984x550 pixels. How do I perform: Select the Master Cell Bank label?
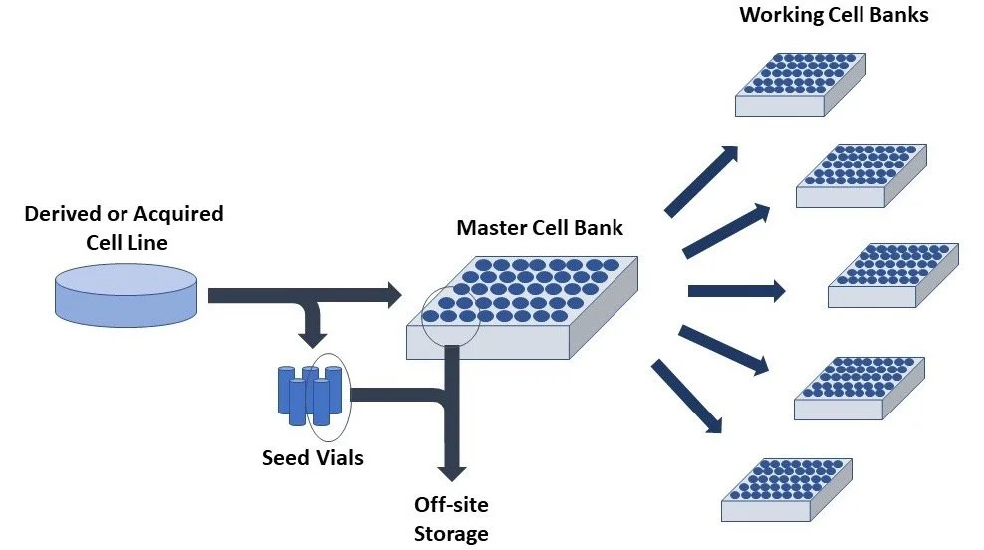pyautogui.click(x=540, y=228)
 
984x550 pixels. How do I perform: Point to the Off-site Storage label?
pyautogui.click(x=451, y=519)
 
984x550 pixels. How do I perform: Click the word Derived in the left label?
pyautogui.click(x=62, y=214)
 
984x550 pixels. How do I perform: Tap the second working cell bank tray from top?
pyautogui.click(x=861, y=176)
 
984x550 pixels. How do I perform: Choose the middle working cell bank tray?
pyautogui.click(x=893, y=274)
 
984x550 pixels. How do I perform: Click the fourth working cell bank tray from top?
pyautogui.click(x=861, y=387)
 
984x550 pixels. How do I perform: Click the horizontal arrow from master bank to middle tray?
pyautogui.click(x=736, y=292)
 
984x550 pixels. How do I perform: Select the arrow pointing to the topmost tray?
pyautogui.click(x=702, y=180)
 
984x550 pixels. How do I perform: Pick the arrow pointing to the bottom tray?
pyautogui.click(x=687, y=397)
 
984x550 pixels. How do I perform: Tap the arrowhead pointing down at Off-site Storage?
pyautogui.click(x=452, y=467)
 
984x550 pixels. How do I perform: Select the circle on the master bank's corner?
pyautogui.click(x=450, y=317)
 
